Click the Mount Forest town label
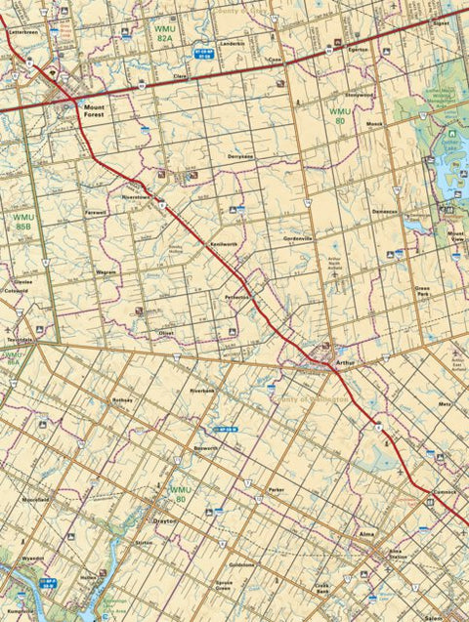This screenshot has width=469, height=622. [x=95, y=110]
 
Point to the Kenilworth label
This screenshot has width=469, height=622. [x=223, y=243]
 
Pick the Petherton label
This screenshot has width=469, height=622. [x=237, y=296]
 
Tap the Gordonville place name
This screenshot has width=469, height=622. [x=297, y=238]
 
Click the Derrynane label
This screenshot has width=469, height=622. [x=240, y=156]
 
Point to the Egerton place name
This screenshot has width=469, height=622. [x=358, y=48]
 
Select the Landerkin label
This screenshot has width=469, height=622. [x=233, y=44]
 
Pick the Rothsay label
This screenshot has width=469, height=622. [x=122, y=400]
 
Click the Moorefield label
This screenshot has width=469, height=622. [x=35, y=499]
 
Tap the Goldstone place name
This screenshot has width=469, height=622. [x=241, y=564]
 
